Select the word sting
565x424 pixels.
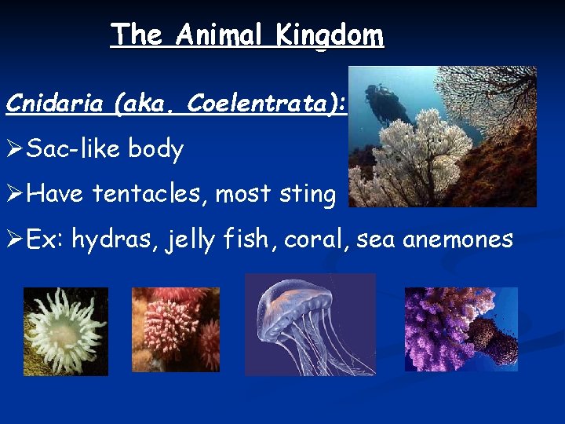point(308,193)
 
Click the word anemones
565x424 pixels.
point(457,239)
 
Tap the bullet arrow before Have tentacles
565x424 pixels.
point(15,193)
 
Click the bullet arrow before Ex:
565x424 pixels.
point(15,239)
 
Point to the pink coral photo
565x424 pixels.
point(176,329)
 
